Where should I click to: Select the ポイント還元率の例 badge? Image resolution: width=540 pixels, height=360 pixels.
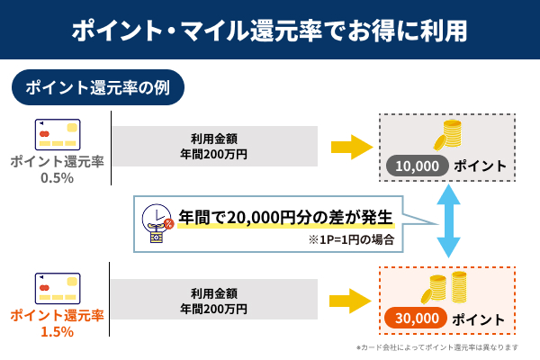(x=98, y=88)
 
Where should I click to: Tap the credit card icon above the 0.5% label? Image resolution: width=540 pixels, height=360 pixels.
(x=57, y=134)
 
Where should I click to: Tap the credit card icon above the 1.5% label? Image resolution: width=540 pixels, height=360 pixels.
(x=57, y=287)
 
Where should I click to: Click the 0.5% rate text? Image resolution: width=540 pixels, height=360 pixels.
(x=57, y=178)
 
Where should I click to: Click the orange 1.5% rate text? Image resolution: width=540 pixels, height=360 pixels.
(x=57, y=331)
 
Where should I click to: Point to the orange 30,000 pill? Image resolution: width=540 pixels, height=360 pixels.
(x=415, y=318)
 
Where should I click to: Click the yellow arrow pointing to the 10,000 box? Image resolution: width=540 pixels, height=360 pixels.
(x=352, y=146)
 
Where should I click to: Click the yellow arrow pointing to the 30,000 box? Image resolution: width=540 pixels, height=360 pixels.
(x=352, y=299)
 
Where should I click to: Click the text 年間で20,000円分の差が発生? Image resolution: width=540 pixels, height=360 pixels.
(x=286, y=217)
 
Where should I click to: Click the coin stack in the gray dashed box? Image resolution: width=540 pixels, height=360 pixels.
(x=447, y=137)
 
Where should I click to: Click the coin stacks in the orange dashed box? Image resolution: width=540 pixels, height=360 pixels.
(x=447, y=288)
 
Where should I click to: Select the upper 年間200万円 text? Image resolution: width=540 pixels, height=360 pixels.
(x=213, y=154)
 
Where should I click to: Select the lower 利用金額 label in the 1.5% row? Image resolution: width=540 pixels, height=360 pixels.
(x=213, y=292)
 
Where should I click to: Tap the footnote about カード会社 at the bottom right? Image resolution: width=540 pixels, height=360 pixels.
(x=437, y=347)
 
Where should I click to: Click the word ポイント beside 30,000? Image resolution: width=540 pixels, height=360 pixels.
(x=479, y=319)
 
